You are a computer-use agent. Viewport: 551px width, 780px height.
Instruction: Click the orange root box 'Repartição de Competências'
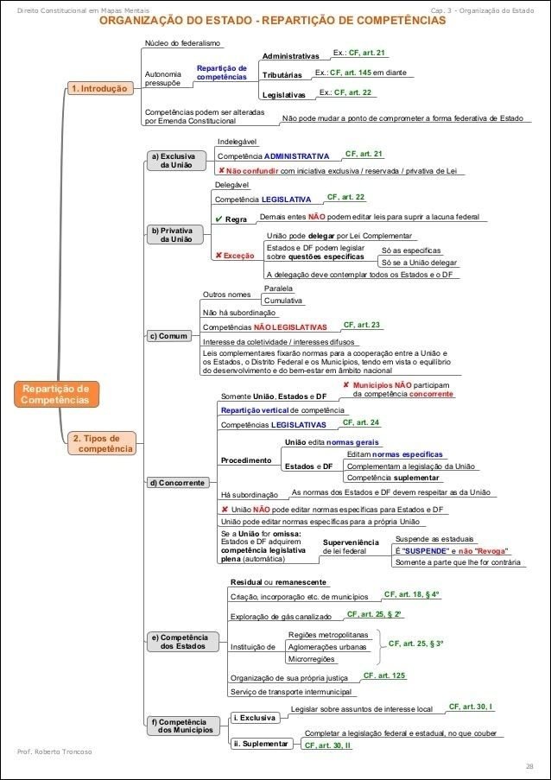pyautogui.click(x=55, y=394)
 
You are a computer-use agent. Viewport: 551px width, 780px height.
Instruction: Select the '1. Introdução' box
pyautogui.click(x=98, y=89)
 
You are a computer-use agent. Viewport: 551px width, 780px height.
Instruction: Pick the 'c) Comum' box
pyautogui.click(x=168, y=336)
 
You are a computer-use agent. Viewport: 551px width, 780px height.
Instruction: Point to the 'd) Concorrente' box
pyautogui.click(x=177, y=483)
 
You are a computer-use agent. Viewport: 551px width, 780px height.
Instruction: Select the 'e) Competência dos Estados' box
pyautogui.click(x=179, y=642)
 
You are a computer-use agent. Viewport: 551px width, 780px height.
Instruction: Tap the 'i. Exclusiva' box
pyautogui.click(x=255, y=718)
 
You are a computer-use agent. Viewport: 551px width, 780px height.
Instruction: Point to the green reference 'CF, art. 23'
pyautogui.click(x=362, y=325)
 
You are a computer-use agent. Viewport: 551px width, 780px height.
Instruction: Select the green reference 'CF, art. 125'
pyautogui.click(x=383, y=675)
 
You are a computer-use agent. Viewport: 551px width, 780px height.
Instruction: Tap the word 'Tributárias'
pyautogui.click(x=282, y=75)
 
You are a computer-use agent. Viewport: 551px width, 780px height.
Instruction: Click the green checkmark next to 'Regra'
pyautogui.click(x=218, y=219)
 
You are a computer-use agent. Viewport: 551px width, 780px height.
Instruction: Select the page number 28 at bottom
pyautogui.click(x=529, y=766)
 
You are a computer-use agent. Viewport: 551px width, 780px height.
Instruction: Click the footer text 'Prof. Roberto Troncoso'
pyautogui.click(x=54, y=751)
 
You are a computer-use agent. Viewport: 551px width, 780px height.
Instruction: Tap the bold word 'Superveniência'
pyautogui.click(x=351, y=542)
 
